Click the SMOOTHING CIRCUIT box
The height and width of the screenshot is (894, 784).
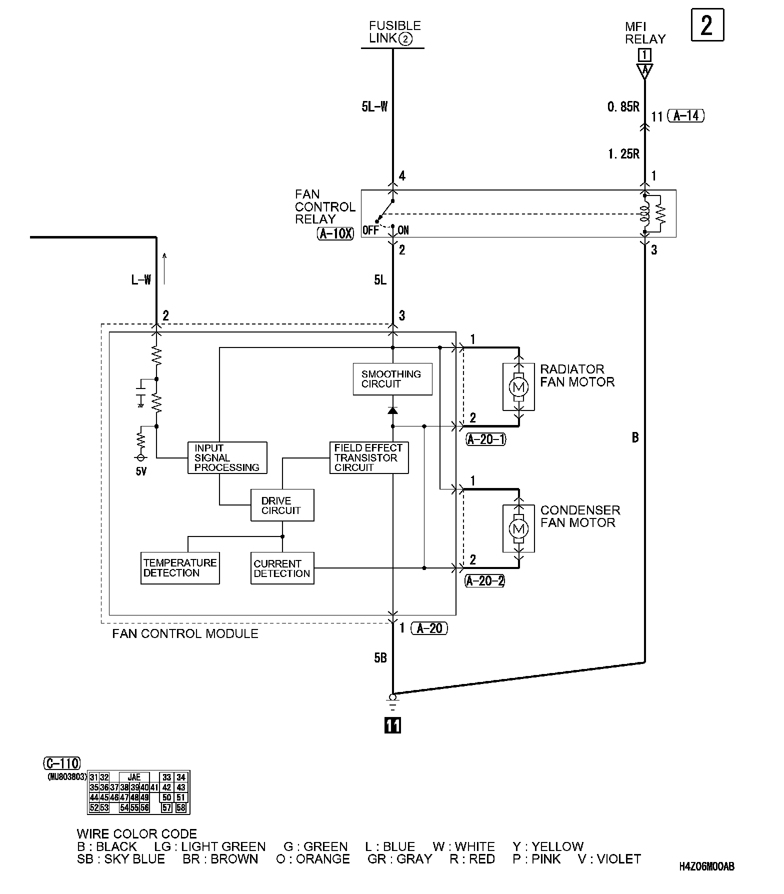click(392, 379)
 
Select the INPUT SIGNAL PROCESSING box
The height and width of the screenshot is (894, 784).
click(227, 457)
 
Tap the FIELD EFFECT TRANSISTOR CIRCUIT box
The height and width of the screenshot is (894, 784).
click(369, 457)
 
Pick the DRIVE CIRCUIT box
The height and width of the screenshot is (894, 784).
click(282, 505)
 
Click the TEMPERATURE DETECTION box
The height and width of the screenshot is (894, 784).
click(180, 568)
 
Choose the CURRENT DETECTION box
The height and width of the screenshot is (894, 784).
click(282, 568)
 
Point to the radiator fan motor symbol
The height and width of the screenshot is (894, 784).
click(518, 386)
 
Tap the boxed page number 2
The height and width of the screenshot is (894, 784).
click(707, 25)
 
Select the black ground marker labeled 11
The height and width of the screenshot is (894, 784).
click(392, 725)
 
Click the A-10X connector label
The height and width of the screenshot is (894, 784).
click(335, 233)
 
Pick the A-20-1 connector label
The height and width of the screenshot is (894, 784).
click(486, 439)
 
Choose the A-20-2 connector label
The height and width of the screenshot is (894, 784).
click(485, 581)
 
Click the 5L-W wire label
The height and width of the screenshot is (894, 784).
click(374, 106)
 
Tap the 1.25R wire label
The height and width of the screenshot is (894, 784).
click(624, 154)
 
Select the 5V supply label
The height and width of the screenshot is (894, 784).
click(141, 471)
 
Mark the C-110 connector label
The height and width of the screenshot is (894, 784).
click(62, 763)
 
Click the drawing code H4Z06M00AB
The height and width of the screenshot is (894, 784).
click(707, 867)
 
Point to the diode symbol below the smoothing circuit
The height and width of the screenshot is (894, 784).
click(392, 410)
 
